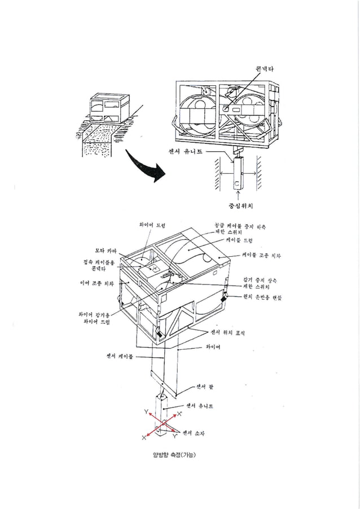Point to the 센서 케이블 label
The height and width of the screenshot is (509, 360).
120,356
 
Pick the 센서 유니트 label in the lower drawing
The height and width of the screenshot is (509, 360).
200,406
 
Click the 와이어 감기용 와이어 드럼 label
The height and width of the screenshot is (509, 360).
94,318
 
